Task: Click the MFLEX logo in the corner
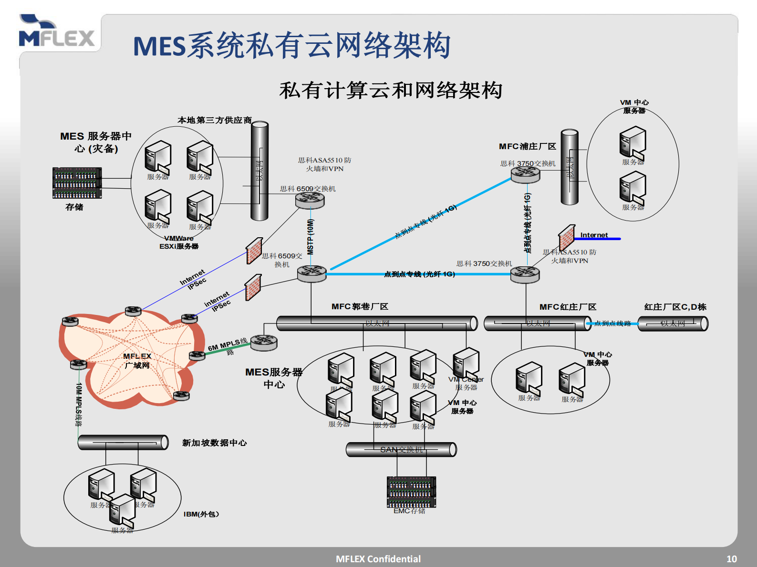tap(56, 32)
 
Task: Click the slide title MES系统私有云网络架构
tap(291, 46)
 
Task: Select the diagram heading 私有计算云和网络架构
tap(391, 91)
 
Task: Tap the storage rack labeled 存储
tap(77, 183)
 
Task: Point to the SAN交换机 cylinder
tap(401, 449)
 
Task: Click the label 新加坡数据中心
tap(214, 443)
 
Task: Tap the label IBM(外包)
tap(201, 514)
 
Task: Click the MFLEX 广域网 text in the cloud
tap(137, 361)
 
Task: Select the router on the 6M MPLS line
tap(263, 342)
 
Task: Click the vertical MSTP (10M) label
tap(311, 237)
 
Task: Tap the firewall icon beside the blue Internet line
tap(567, 237)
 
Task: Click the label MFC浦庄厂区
tap(528, 146)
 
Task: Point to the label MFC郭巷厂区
tap(360, 306)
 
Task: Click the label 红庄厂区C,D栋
tap(675, 307)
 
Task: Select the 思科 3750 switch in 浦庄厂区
tap(525, 174)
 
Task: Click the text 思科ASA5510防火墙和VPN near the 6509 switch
tap(324, 164)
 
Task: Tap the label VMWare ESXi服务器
tap(179, 242)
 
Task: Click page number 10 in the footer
tap(731, 559)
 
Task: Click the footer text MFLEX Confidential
tap(378, 559)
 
